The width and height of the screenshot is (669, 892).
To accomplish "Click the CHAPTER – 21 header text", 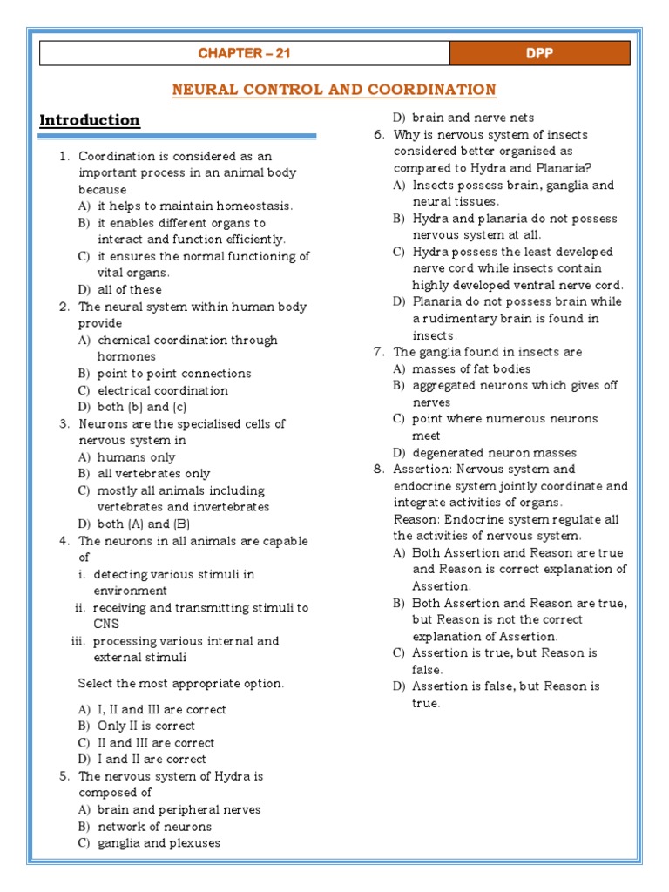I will click(244, 54).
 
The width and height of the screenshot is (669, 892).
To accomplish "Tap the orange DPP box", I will click(539, 54).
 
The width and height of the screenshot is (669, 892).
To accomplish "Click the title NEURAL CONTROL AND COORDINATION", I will click(334, 90).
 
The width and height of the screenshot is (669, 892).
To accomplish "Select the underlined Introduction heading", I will click(90, 120).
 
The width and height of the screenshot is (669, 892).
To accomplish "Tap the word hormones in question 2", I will click(126, 356).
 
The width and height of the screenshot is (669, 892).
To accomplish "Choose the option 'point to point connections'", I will click(173, 374).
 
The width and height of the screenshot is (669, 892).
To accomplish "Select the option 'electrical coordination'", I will click(162, 390).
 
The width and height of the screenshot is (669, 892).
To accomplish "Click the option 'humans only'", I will click(136, 457).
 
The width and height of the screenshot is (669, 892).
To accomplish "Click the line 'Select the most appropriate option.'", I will click(180, 684).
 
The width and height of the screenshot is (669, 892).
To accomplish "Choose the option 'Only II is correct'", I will click(145, 726).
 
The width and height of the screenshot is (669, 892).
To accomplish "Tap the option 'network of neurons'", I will click(154, 827).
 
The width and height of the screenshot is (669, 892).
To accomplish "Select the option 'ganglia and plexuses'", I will click(159, 843).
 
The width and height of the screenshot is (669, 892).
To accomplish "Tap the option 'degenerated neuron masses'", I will click(494, 453).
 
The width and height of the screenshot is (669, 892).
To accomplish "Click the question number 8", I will click(378, 470).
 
